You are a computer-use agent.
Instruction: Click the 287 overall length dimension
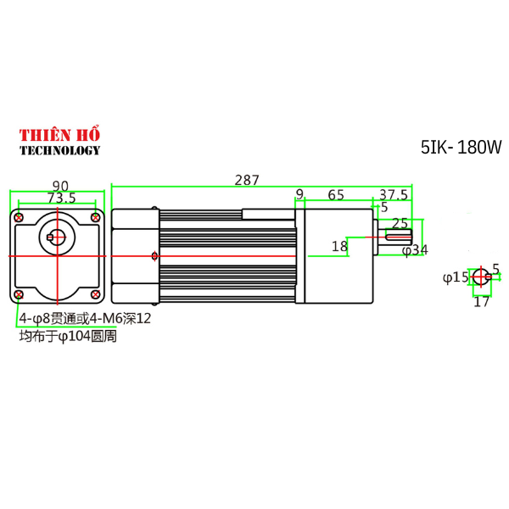247,180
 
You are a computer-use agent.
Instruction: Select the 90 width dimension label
60,186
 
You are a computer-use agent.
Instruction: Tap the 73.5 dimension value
61,199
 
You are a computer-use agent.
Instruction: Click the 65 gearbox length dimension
335,195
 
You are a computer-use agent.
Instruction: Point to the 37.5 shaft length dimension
394,195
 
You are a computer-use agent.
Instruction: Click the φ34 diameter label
415,250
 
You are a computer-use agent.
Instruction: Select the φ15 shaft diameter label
456,277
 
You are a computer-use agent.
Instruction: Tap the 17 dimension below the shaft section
481,300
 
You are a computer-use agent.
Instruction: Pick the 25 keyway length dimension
400,223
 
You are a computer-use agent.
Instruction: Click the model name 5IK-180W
461,148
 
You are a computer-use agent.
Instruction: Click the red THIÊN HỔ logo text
59,136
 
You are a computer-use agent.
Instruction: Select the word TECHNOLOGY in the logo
59,151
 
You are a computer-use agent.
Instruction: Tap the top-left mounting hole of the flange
19,218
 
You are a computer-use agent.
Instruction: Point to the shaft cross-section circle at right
481,277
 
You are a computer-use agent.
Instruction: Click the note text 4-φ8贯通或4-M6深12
85,319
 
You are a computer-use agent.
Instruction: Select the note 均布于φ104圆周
68,337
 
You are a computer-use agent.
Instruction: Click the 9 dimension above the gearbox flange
299,195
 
